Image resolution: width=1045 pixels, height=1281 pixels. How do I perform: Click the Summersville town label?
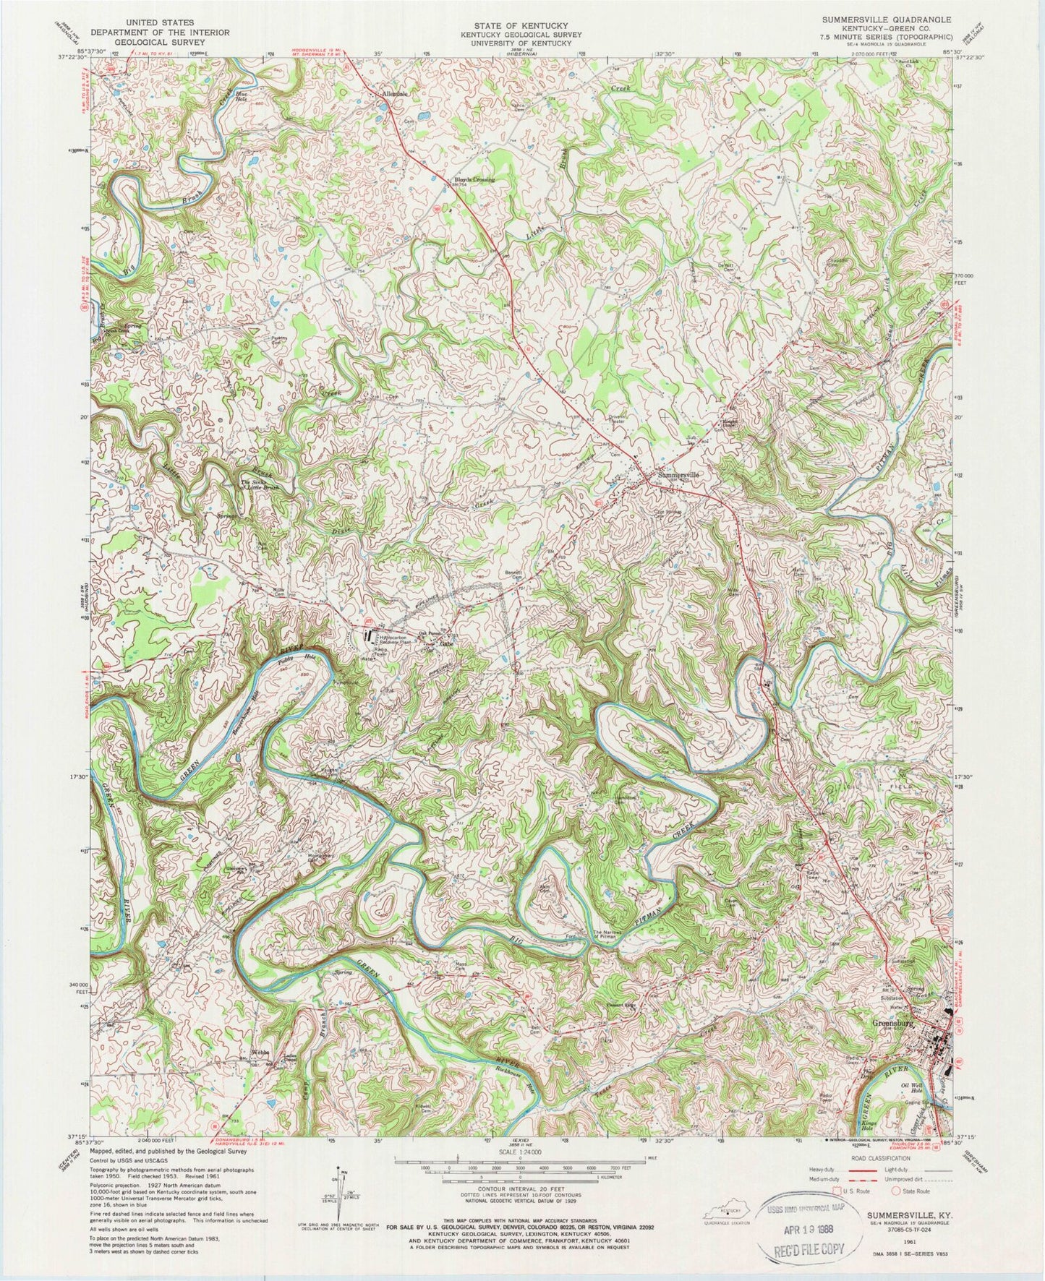click(x=678, y=475)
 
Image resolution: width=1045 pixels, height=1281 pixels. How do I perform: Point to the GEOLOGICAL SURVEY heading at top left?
click(x=158, y=42)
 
